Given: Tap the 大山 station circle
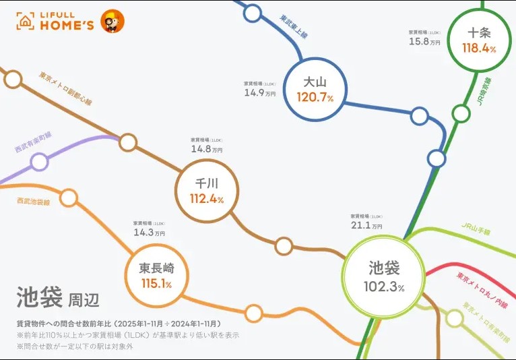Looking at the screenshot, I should (315, 89).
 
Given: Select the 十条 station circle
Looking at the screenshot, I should (479, 39).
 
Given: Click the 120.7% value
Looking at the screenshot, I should (315, 98).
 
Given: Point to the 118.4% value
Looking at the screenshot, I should (479, 48).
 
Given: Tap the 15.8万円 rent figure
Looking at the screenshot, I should (424, 42).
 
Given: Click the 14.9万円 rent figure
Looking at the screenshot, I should (260, 93).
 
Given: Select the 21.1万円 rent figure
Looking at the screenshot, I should (366, 225).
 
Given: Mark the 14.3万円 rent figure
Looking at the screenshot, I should (149, 233).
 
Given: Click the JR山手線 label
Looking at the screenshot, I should (476, 229).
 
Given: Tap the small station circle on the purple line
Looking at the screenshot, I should (40, 162).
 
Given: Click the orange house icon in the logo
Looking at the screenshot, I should (26, 22).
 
